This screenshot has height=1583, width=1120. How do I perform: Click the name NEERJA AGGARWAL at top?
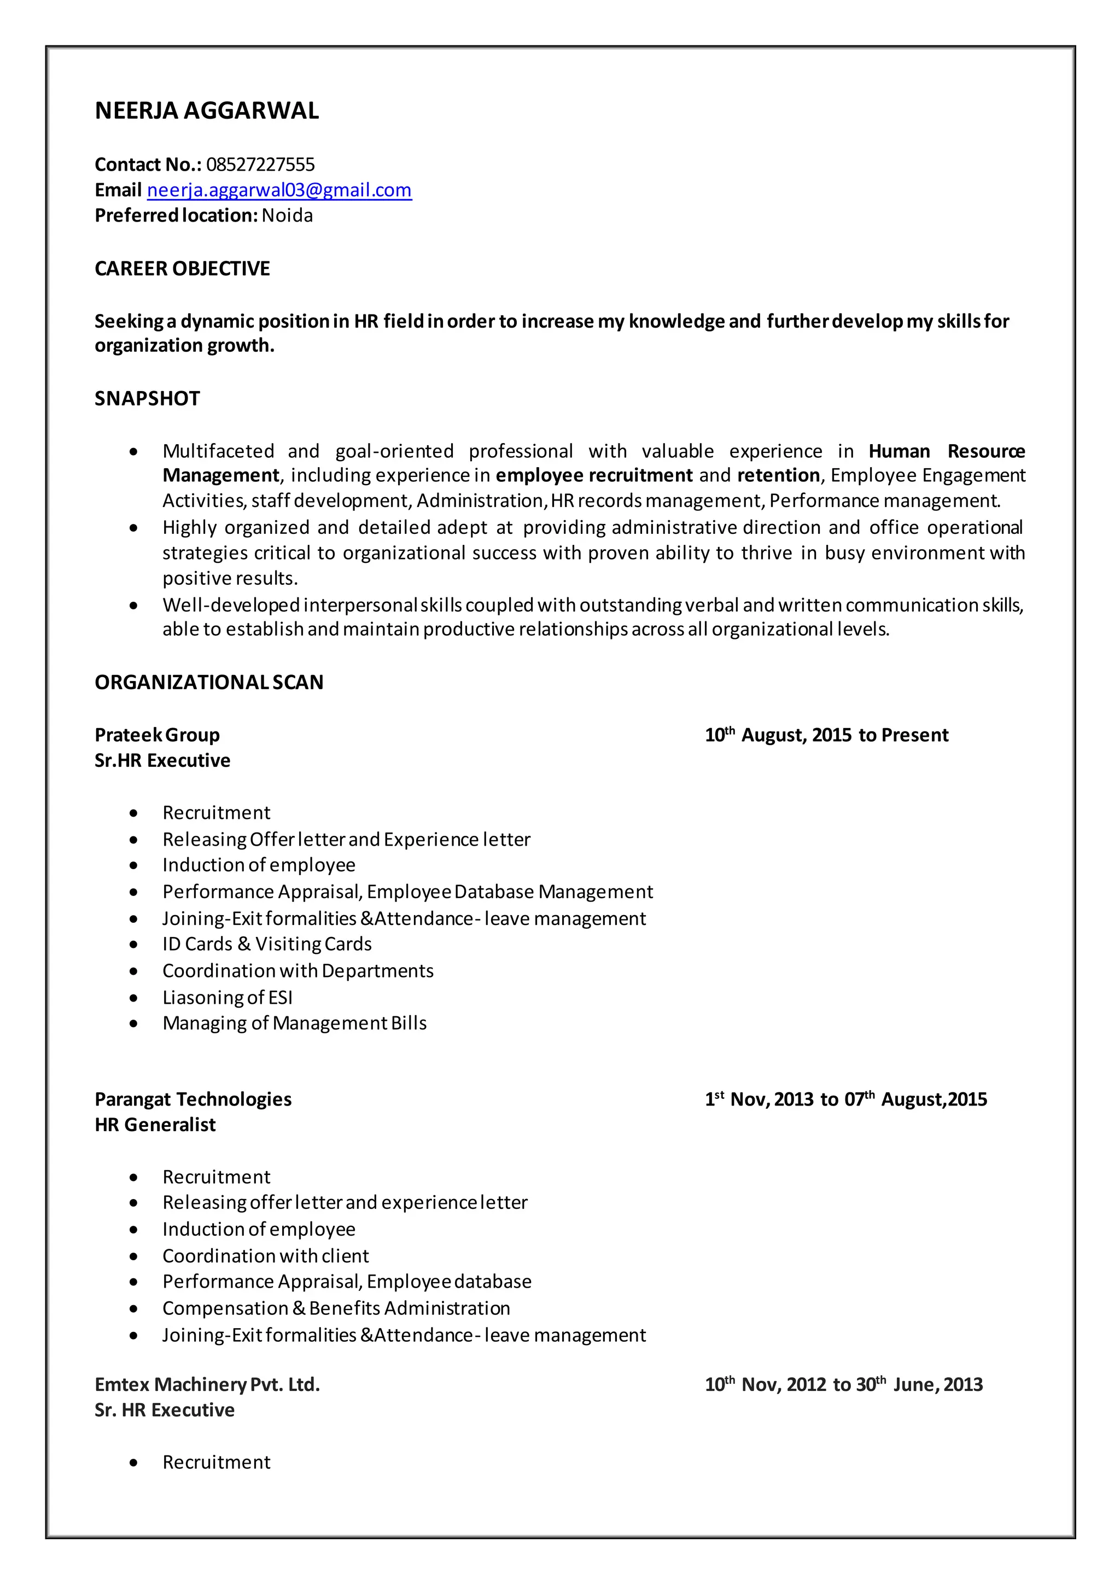pos(206,111)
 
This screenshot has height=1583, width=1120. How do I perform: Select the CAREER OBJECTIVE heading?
pos(182,269)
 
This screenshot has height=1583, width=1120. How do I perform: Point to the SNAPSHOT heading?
pos(147,399)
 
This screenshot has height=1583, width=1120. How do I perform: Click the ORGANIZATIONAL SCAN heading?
pos(209,682)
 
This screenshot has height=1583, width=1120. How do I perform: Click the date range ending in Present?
pos(826,735)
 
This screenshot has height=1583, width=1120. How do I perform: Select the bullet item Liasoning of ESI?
pos(227,997)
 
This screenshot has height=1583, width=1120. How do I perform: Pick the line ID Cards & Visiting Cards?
pos(267,944)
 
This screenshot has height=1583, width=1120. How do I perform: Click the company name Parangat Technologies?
pos(192,1099)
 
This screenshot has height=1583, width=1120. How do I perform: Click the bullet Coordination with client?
pos(266,1256)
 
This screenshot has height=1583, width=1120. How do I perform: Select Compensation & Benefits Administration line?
pos(336,1308)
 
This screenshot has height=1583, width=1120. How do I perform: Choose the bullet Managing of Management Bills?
pos(294,1023)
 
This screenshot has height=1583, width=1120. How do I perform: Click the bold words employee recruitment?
pos(594,476)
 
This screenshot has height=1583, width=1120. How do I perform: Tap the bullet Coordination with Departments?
pos(298,971)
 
